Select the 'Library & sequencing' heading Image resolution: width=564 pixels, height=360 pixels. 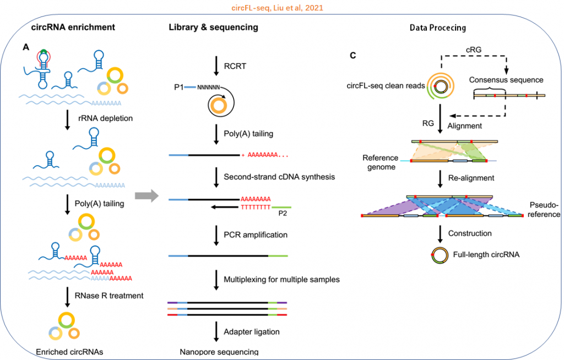pyautogui.click(x=213, y=28)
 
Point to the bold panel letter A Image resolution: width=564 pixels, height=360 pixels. pyautogui.click(x=26, y=48)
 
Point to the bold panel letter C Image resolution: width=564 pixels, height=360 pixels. pyautogui.click(x=352, y=54)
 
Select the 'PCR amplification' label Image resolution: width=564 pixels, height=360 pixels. pyautogui.click(x=256, y=234)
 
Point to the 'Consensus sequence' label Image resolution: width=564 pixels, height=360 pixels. pyautogui.click(x=506, y=80)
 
